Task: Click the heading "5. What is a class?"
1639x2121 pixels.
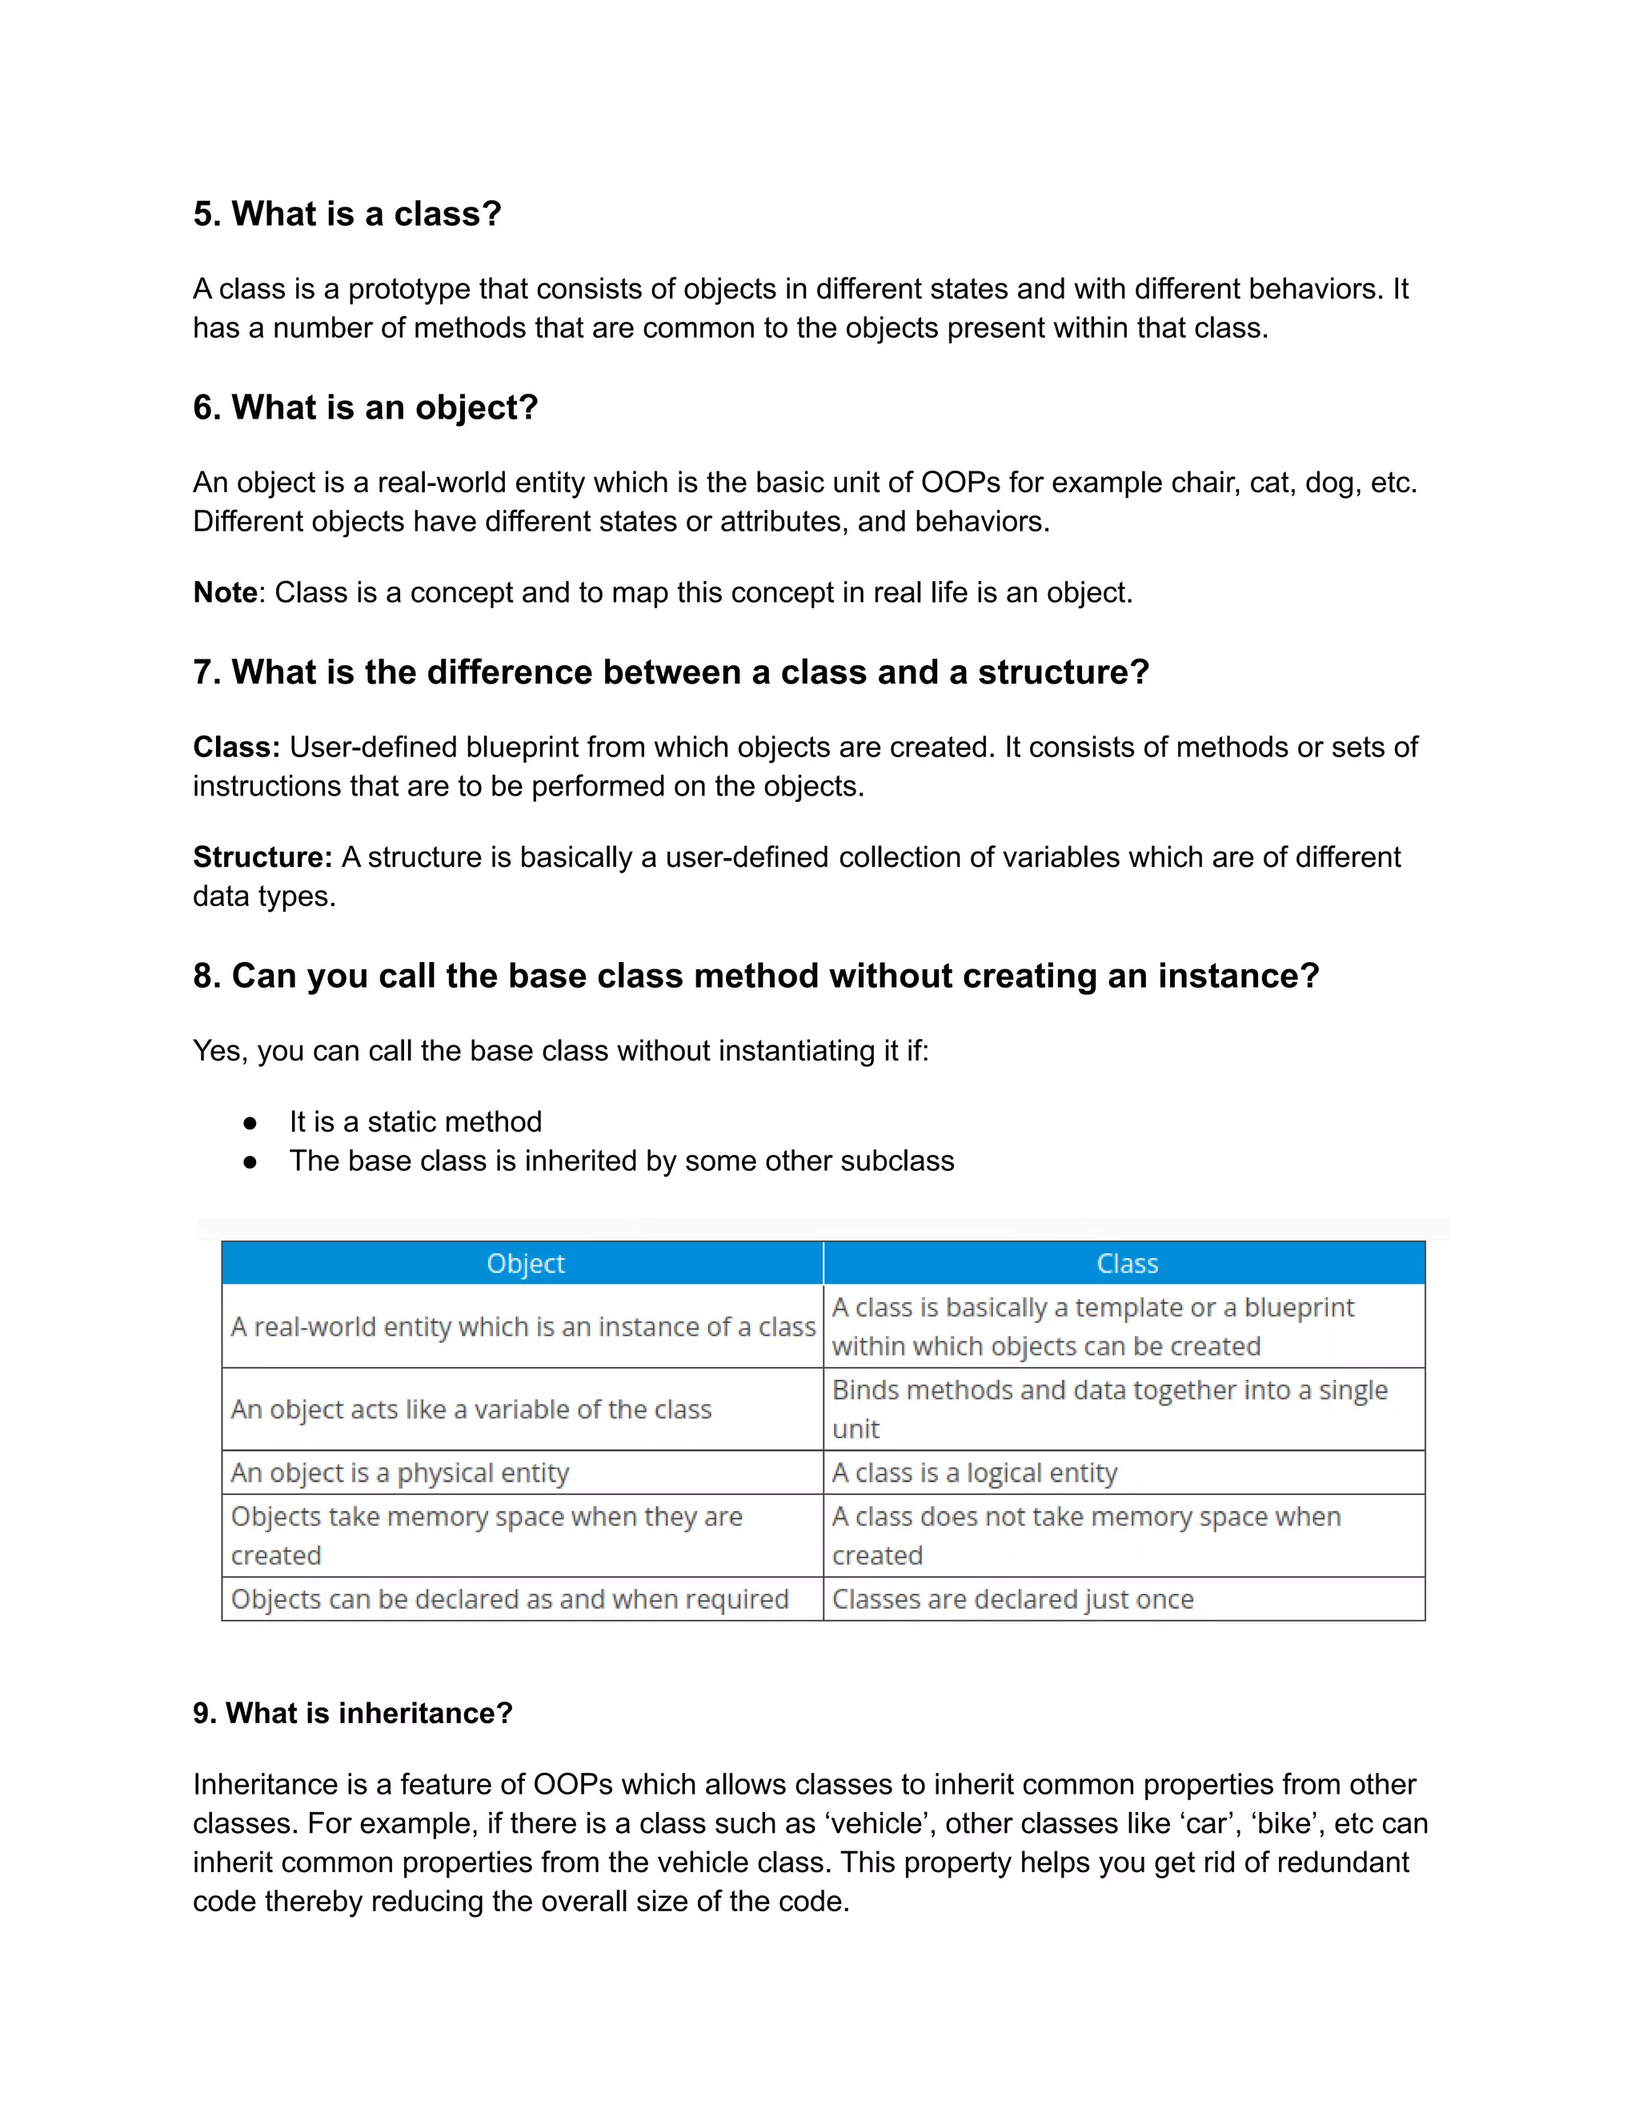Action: coord(347,214)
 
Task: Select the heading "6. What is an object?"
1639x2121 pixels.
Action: coord(365,407)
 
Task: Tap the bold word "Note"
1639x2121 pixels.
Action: coord(225,592)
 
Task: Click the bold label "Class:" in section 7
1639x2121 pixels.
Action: coord(236,747)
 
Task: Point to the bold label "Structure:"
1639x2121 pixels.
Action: coord(262,856)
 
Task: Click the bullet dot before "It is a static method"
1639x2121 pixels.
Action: coord(250,1123)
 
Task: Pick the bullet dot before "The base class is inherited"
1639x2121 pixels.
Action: coord(250,1161)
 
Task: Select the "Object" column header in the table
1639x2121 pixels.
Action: coord(525,1264)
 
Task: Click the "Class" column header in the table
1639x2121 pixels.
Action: coord(1126,1264)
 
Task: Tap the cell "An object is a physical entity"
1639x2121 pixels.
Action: coord(400,1473)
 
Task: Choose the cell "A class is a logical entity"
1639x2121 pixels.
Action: coord(975,1473)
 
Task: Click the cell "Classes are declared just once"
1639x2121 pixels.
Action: coord(1012,1599)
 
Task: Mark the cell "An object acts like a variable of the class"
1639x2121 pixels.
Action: coord(471,1409)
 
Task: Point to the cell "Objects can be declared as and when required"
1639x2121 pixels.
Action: coord(510,1599)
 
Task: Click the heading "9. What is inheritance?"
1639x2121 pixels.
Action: coord(352,1713)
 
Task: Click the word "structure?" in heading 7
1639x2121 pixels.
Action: coord(1064,672)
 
